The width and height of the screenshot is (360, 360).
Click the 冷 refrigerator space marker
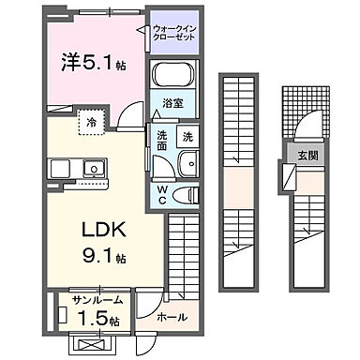pyautogui.click(x=91, y=121)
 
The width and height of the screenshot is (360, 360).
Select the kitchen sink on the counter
pyautogui.click(x=94, y=169)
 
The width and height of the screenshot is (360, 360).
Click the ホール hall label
pyautogui.click(x=169, y=317)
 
